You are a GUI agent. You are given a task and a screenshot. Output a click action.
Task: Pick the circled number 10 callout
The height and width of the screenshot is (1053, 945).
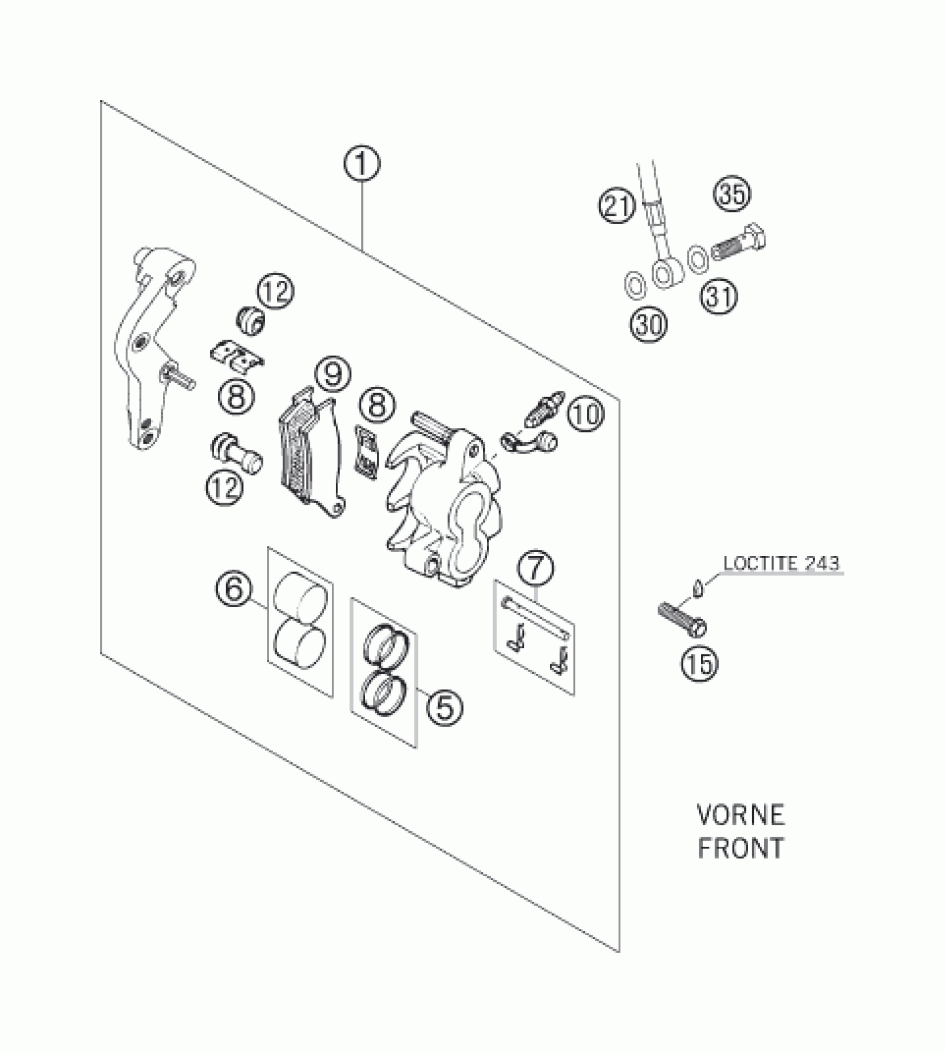pyautogui.click(x=585, y=414)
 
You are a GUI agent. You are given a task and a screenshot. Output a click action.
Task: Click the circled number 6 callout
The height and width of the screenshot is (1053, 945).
pyautogui.click(x=234, y=589)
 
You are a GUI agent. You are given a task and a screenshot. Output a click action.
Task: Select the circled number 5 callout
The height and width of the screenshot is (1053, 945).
pyautogui.click(x=445, y=707)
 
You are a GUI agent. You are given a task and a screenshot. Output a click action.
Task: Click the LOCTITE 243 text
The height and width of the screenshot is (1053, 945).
pyautogui.click(x=780, y=563)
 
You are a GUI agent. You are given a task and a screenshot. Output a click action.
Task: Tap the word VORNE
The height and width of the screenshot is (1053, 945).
pyautogui.click(x=740, y=815)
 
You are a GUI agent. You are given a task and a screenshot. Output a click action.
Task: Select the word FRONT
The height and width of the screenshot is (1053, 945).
pyautogui.click(x=740, y=848)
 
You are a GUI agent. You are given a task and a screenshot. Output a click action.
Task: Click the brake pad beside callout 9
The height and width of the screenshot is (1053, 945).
pyautogui.click(x=309, y=450)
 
